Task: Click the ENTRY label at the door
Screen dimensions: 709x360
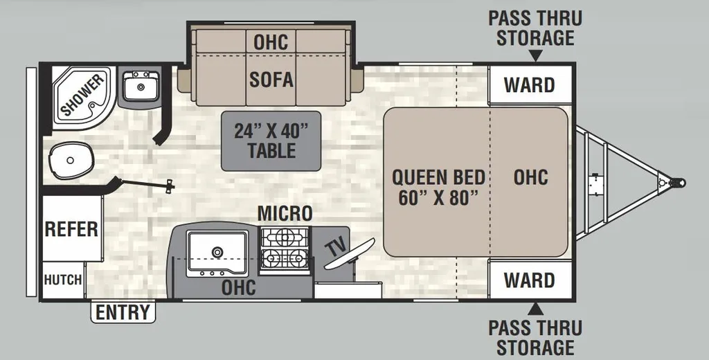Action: [123, 312]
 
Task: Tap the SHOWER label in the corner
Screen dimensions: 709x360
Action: [83, 95]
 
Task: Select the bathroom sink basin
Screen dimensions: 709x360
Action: [141, 86]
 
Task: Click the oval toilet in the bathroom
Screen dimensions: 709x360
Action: [71, 160]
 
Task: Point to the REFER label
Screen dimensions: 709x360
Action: [71, 229]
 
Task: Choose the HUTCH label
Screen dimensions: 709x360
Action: [63, 280]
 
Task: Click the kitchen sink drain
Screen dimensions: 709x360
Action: [217, 251]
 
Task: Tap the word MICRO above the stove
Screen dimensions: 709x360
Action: [285, 213]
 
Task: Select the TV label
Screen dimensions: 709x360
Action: [336, 246]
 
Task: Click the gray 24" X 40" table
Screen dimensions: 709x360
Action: [271, 141]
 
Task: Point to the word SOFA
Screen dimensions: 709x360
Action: [271, 80]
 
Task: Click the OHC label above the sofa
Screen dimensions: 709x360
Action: [271, 42]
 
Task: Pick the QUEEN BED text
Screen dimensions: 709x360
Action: [438, 177]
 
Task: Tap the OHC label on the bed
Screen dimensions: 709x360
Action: [530, 177]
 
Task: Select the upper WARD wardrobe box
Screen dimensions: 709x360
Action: [530, 84]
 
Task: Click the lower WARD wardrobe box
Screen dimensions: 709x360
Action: [530, 280]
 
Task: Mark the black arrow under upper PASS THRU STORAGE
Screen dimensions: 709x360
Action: [536, 55]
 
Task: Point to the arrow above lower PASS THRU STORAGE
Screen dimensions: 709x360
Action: [536, 309]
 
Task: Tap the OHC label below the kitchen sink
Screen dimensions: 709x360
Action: [238, 287]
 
